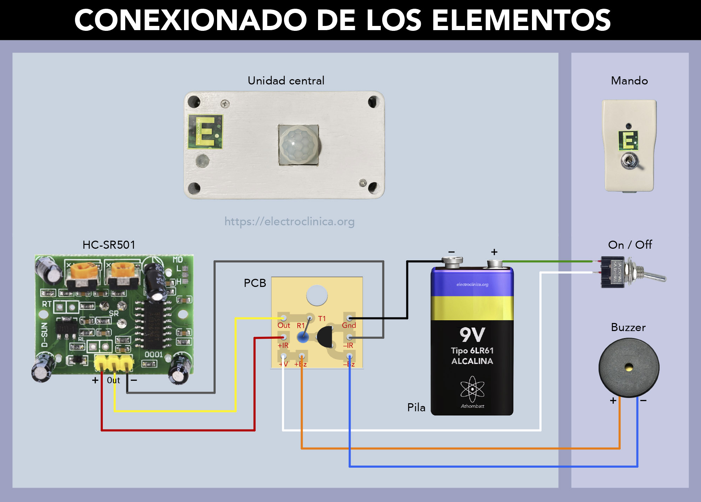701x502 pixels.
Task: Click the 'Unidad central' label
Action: point(286,81)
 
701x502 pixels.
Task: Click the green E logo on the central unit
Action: point(205,131)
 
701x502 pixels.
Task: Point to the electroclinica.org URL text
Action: point(289,221)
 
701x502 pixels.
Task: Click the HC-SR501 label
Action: point(109,245)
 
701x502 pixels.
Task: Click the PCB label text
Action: point(255,283)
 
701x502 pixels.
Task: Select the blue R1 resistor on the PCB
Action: point(303,337)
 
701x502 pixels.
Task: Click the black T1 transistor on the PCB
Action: point(325,337)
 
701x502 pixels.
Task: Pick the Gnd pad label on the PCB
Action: point(349,325)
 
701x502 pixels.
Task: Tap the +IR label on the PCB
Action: point(283,345)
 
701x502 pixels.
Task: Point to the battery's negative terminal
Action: point(452,260)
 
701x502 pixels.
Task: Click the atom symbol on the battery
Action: point(472,389)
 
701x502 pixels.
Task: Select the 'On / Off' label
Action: point(630,245)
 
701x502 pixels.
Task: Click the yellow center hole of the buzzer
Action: point(629,367)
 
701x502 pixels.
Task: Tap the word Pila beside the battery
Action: point(416,407)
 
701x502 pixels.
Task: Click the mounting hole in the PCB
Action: point(317,295)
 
